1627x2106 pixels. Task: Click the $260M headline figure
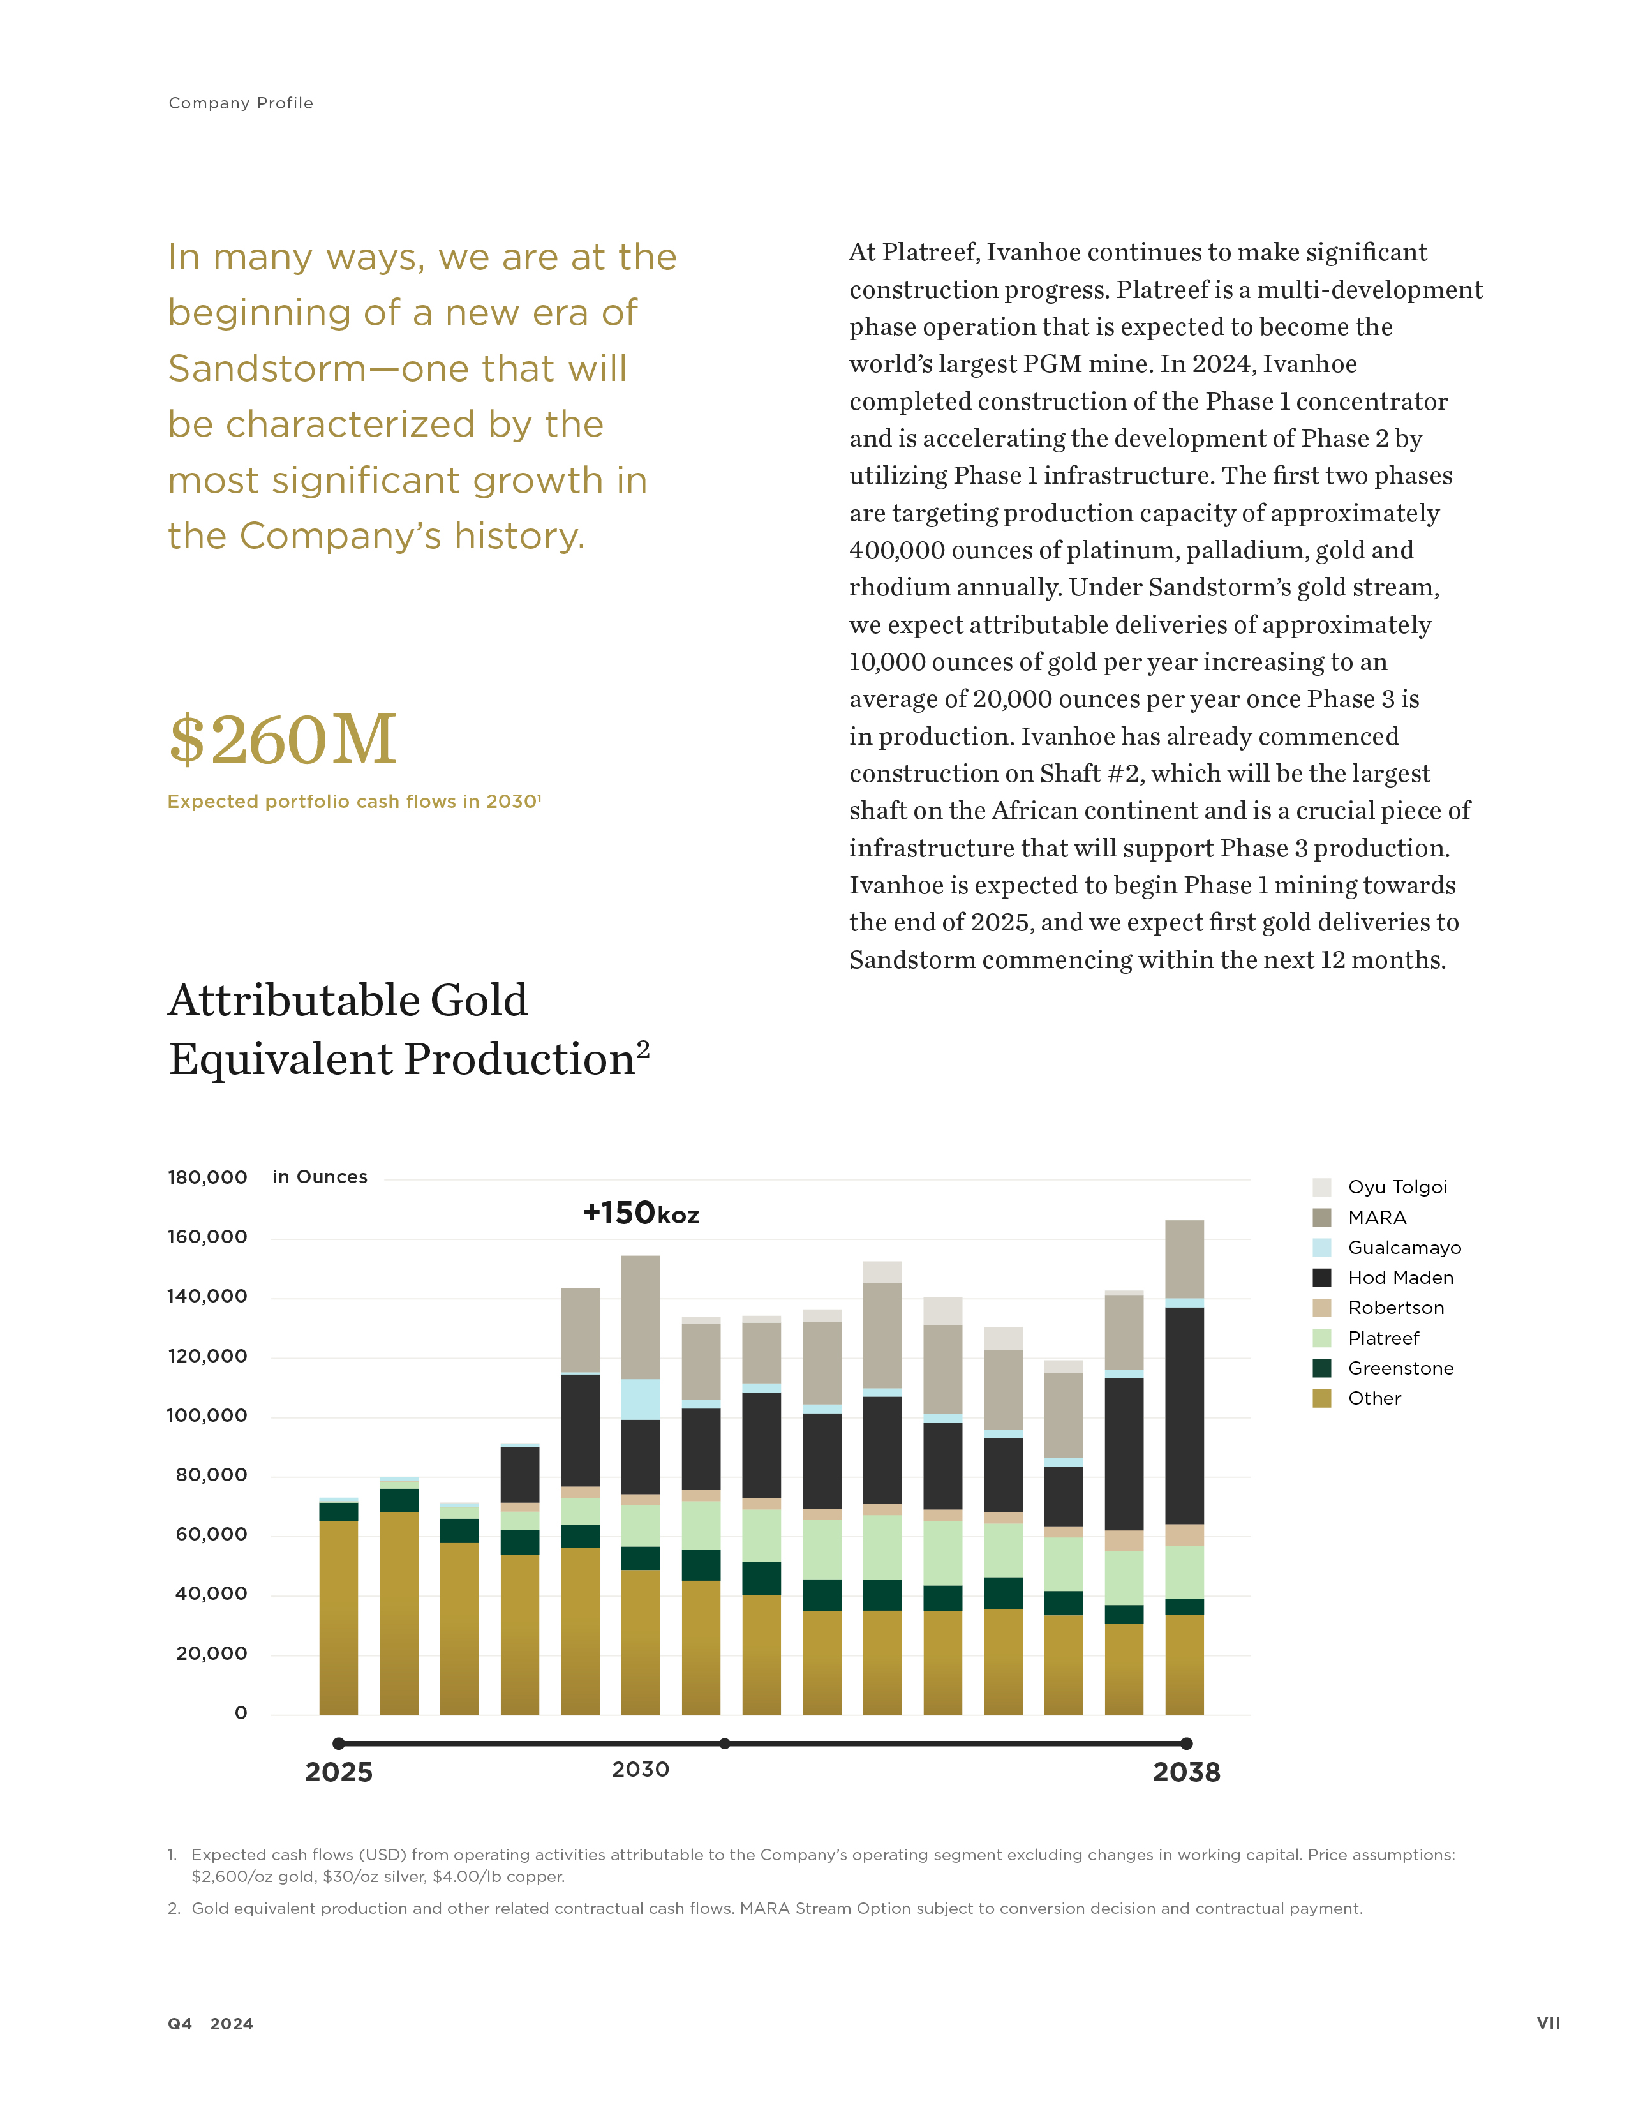[283, 740]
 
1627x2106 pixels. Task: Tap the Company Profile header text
[241, 103]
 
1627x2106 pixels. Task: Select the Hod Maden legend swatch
[1321, 1278]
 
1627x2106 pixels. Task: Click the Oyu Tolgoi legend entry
[1397, 1187]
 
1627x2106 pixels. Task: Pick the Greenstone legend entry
[1399, 1368]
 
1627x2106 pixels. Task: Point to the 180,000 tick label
[207, 1177]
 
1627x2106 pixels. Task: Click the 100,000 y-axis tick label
[207, 1415]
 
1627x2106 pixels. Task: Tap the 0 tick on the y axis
[241, 1713]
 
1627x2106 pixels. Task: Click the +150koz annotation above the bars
[641, 1213]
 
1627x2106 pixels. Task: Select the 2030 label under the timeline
[640, 1770]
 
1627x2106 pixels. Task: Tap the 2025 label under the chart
[338, 1772]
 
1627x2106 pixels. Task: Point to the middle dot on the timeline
[725, 1744]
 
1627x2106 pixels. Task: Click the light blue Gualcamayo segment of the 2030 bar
[641, 1398]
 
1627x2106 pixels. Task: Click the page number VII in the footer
[1548, 2023]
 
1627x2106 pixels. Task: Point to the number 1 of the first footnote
[172, 1855]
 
